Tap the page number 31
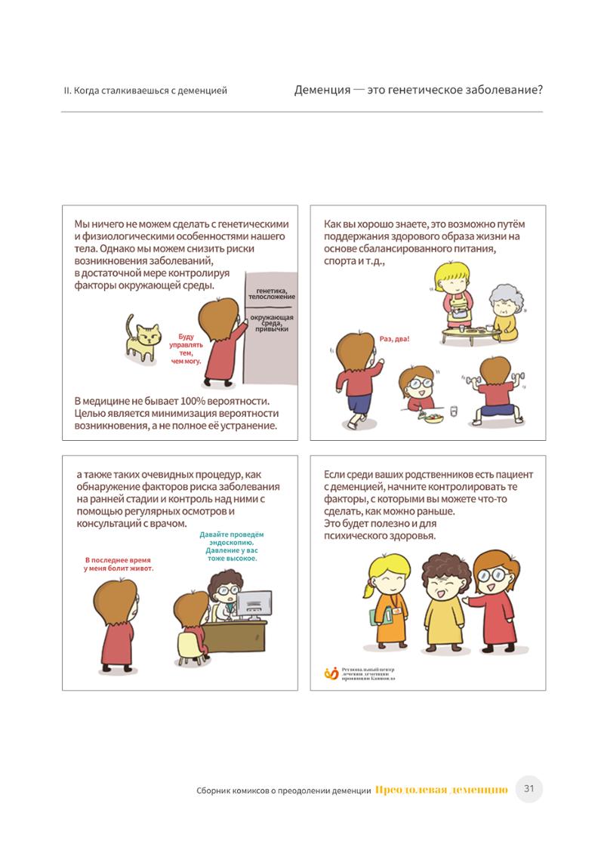tap(529, 789)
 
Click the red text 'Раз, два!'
tap(394, 339)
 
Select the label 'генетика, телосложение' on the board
tap(271, 294)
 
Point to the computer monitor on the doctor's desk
tap(254, 605)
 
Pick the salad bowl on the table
tap(433, 417)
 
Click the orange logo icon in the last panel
tap(331, 673)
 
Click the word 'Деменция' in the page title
tap(322, 90)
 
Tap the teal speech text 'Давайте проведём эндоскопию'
tap(232, 539)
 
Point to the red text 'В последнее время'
tap(117, 560)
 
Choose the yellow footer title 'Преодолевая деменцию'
tap(442, 790)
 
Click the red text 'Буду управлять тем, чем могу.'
tap(186, 349)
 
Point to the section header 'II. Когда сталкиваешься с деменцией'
tap(146, 91)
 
